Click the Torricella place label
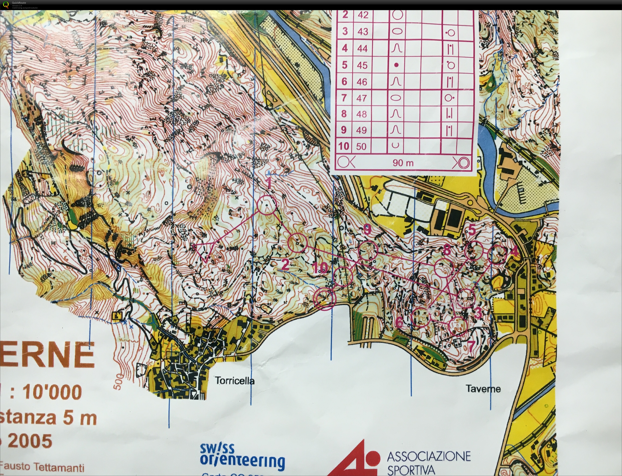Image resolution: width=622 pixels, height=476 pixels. tap(235, 381)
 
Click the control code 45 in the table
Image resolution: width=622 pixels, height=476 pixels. tap(362, 65)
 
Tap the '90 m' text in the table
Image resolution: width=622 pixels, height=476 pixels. tap(403, 163)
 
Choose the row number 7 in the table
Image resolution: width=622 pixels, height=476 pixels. tap(344, 98)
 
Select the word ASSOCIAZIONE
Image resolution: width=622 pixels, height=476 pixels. tap(428, 456)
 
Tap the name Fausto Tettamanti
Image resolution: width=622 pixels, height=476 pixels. tap(43, 466)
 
